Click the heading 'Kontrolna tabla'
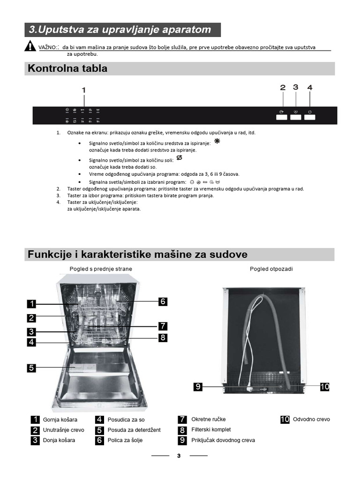[x=67, y=68]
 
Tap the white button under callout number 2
[x=282, y=117]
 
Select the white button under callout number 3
[x=295, y=117]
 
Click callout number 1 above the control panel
[x=84, y=90]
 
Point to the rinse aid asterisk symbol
[x=217, y=141]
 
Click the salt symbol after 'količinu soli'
[x=179, y=158]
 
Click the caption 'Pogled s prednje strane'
[x=100, y=269]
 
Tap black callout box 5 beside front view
[x=31, y=367]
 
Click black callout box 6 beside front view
[x=163, y=301]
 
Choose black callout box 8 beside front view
[x=163, y=337]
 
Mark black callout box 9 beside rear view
[x=198, y=387]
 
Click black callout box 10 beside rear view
[x=325, y=387]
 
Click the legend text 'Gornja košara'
[x=60, y=420]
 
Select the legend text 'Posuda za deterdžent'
[x=134, y=430]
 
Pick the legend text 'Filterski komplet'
[x=211, y=429]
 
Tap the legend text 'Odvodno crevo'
[x=311, y=420]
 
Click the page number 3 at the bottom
[x=179, y=457]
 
